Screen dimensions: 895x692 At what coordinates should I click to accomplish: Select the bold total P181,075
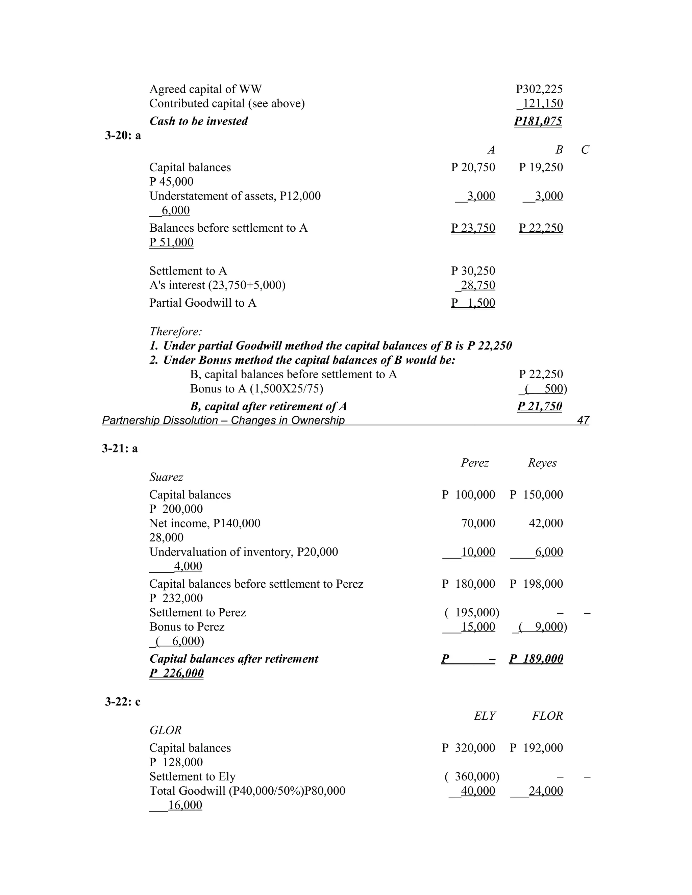[x=538, y=121]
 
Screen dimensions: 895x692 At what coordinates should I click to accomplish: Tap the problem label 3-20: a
[x=123, y=136]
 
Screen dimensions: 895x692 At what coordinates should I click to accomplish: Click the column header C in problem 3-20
[x=585, y=150]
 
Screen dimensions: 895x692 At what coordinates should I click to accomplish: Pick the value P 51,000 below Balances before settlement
[x=171, y=242]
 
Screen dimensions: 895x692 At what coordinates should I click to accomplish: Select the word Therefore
[x=175, y=331]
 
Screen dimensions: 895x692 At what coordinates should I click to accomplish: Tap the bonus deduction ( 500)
[x=543, y=388]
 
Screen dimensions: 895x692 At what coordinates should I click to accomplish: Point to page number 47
[x=583, y=420]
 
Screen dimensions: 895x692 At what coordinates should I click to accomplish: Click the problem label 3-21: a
[x=120, y=449]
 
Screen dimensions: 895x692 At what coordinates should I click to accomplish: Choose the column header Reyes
[x=542, y=463]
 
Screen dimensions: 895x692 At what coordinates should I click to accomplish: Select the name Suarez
[x=166, y=477]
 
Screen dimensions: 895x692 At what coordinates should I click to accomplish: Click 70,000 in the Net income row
[x=478, y=523]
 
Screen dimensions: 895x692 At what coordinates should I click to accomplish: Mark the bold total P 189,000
[x=536, y=659]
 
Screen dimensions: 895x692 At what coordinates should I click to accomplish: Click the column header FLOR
[x=547, y=716]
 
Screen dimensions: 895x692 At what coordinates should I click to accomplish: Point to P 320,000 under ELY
[x=469, y=748]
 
